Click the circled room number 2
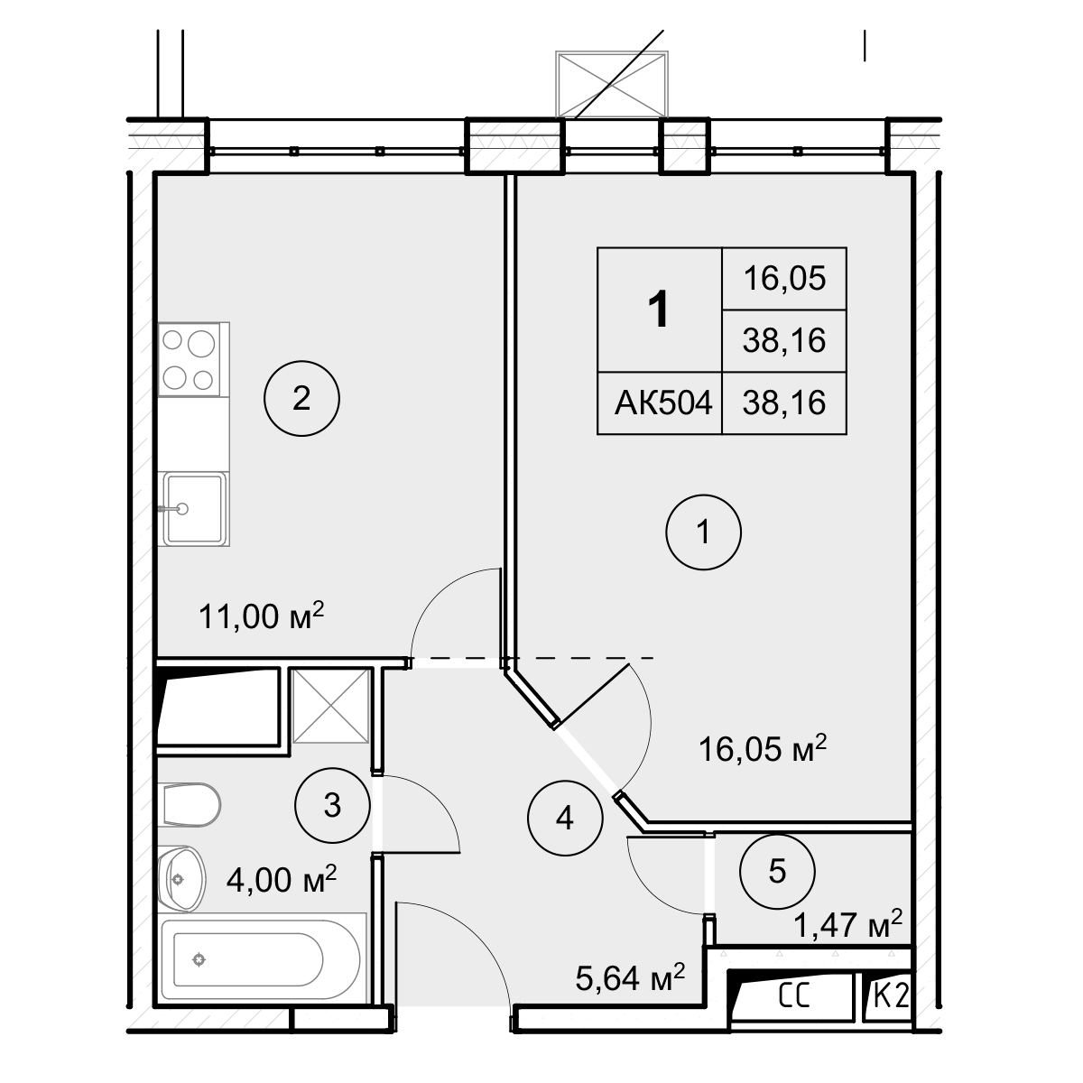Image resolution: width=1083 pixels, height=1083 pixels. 301,399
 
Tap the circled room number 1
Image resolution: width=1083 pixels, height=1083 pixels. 703,532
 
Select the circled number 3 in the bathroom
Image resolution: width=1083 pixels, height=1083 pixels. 332,805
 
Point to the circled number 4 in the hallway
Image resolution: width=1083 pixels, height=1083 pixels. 565,819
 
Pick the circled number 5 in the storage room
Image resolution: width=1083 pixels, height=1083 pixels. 777,872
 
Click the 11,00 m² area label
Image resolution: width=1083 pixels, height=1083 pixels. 262,616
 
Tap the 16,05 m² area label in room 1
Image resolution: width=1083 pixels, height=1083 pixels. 763,748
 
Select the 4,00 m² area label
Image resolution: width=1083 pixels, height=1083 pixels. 281,880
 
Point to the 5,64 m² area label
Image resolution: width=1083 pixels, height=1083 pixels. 630,978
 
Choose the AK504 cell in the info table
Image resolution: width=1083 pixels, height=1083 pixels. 663,403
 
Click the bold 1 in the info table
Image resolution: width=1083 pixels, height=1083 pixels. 659,310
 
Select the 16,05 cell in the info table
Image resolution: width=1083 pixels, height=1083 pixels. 784,278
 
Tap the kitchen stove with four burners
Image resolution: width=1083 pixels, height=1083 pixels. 193,360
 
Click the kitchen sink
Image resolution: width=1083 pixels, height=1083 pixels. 193,509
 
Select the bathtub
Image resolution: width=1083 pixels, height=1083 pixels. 259,959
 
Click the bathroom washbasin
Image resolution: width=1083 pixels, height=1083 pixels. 181,880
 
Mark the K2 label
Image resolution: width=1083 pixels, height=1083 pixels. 891,996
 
